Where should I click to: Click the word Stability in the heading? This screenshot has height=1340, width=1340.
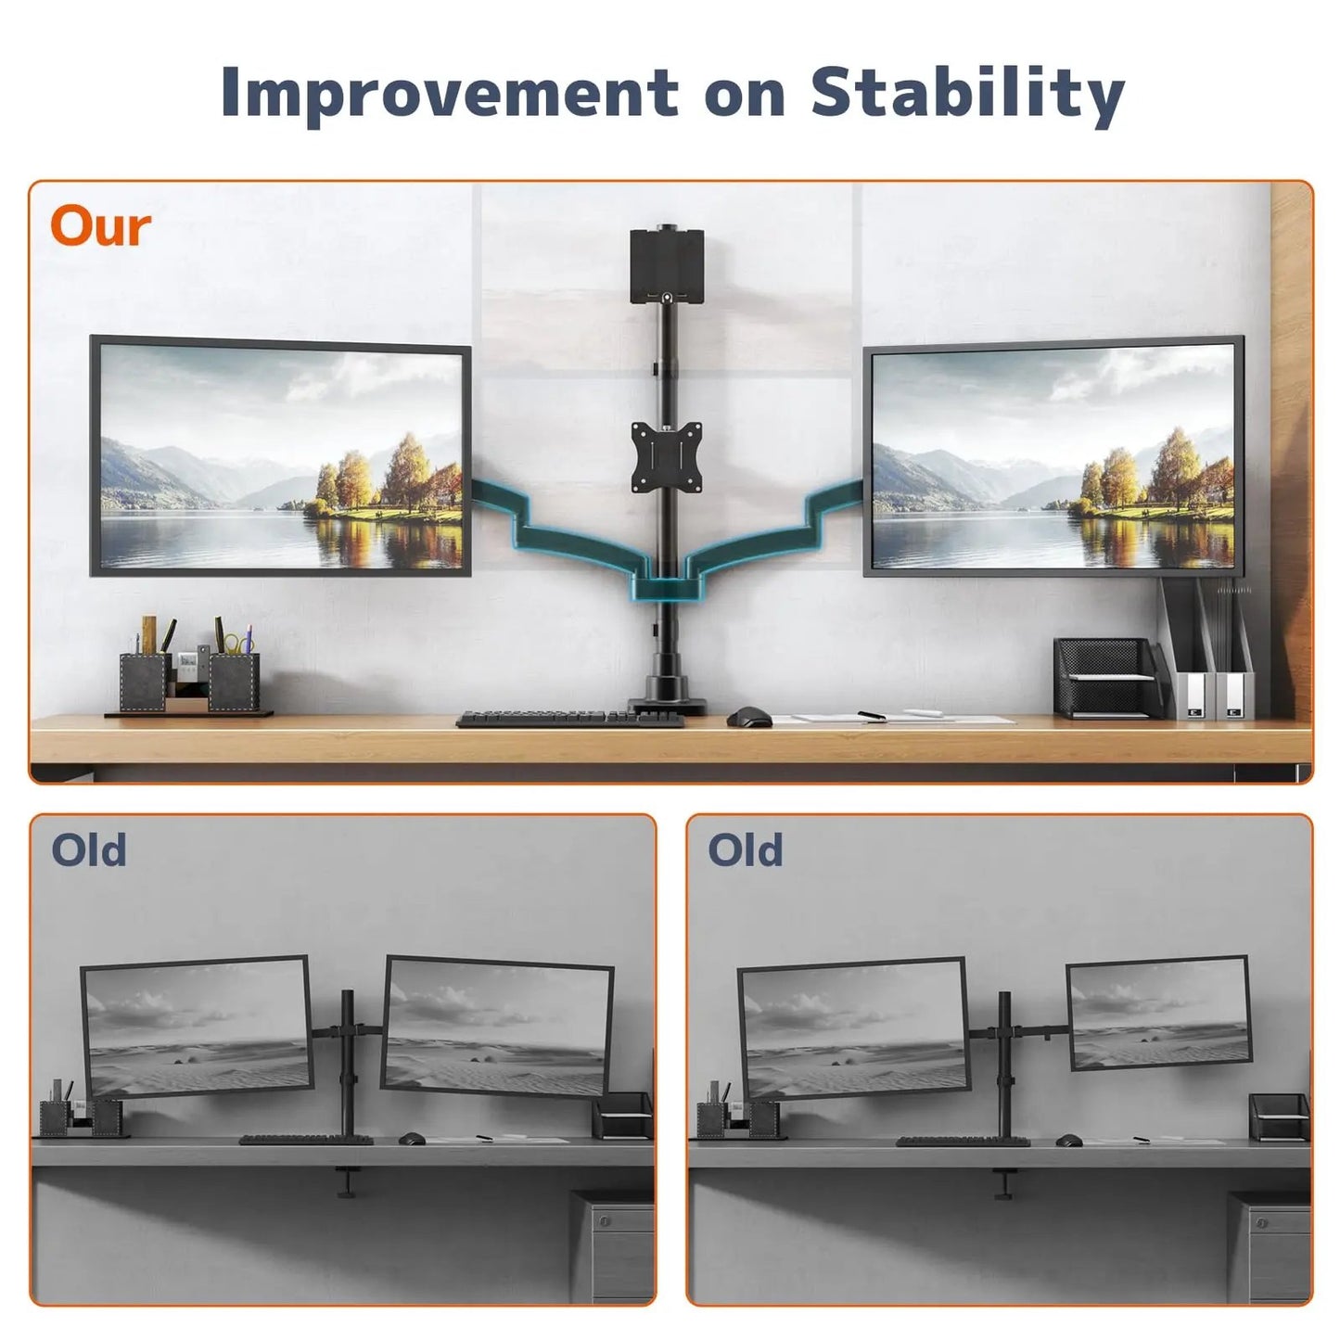coord(967,95)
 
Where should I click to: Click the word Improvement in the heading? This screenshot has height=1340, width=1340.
coord(450,93)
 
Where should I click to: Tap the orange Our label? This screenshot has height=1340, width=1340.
coord(100,227)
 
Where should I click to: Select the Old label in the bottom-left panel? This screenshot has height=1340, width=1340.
coord(89,850)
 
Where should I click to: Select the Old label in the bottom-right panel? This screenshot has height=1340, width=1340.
coord(746,850)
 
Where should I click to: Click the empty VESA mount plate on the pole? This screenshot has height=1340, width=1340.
coord(666,454)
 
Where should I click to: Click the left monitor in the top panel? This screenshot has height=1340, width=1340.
coord(280,456)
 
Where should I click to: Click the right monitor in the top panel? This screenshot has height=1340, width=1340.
coord(1053,456)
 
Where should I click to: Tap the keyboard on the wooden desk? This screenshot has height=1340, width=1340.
coord(569,719)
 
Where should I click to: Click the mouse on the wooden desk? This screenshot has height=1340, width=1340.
coord(749,717)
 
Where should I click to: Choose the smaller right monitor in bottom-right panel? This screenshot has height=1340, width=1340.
coord(1158,1013)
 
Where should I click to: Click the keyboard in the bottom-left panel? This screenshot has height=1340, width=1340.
coord(306,1140)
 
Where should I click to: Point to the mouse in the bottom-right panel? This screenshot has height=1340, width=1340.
coord(1068,1140)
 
